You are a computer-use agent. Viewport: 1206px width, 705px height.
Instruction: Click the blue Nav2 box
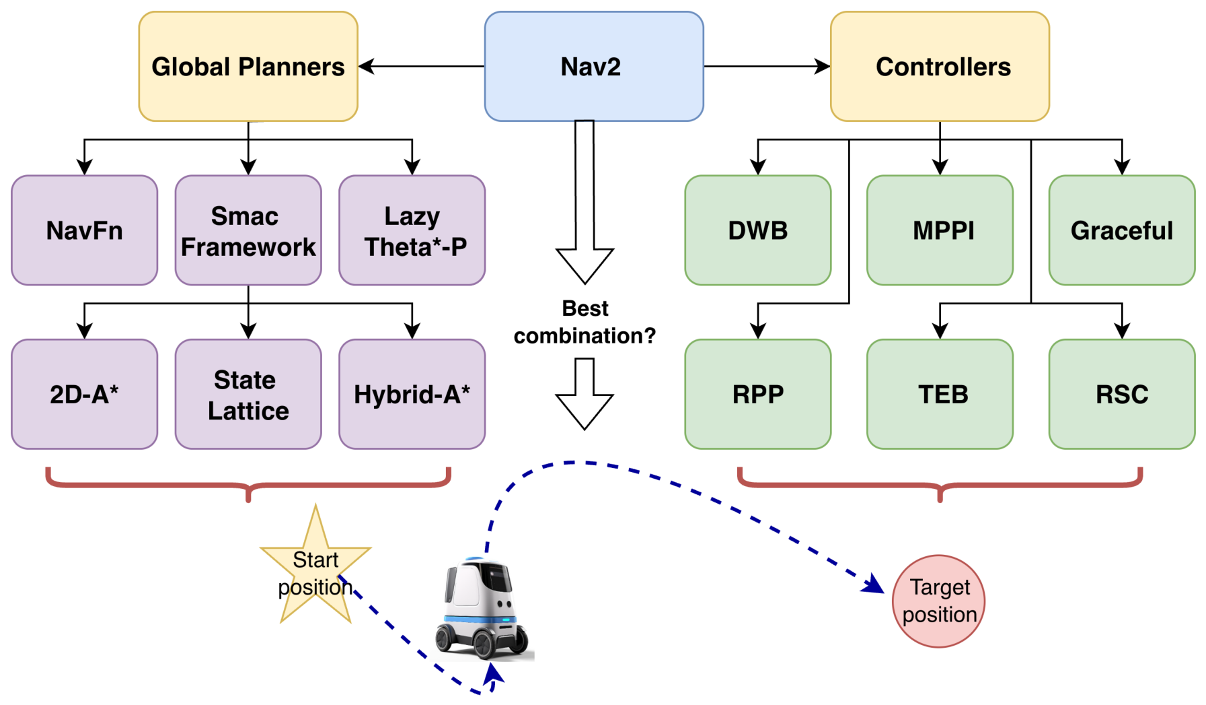(x=594, y=66)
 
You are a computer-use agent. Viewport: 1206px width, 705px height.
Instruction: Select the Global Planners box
(x=248, y=66)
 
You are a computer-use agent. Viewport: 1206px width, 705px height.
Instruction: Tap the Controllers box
(x=940, y=66)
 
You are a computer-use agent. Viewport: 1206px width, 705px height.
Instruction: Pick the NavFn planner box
(x=84, y=230)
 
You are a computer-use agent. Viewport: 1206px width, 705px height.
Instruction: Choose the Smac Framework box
(x=248, y=230)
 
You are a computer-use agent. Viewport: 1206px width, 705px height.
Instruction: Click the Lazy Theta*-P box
(x=412, y=230)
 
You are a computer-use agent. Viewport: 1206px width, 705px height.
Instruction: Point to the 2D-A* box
(x=84, y=394)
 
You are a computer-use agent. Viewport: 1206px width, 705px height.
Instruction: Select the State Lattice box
(x=248, y=394)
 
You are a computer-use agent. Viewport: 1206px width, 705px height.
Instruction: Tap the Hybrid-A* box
(x=412, y=394)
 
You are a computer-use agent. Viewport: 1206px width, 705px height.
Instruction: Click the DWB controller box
(x=758, y=230)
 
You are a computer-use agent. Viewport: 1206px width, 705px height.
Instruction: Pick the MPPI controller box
(x=940, y=230)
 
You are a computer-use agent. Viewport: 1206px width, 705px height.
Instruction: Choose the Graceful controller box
(x=1122, y=230)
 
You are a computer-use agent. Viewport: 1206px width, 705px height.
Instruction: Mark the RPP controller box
(x=758, y=394)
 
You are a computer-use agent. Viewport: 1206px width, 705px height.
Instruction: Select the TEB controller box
(x=940, y=394)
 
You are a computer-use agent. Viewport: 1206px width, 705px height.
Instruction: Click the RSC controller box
(x=1122, y=394)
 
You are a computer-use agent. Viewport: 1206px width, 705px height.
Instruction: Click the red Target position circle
(x=938, y=601)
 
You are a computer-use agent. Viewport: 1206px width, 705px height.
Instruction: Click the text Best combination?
(x=585, y=322)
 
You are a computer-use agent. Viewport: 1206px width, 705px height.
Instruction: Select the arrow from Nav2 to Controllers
(x=767, y=66)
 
